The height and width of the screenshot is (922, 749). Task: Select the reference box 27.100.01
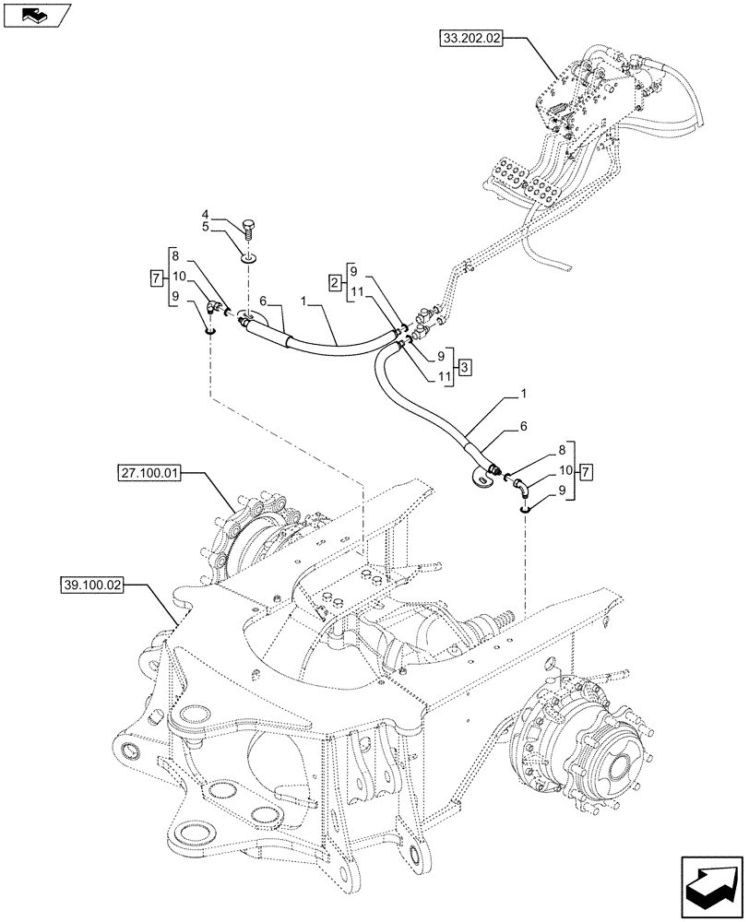(x=150, y=474)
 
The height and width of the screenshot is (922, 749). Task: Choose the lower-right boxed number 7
(x=585, y=472)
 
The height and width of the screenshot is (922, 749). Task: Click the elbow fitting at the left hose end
(x=215, y=309)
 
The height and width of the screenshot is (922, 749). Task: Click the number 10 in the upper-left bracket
(x=178, y=277)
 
